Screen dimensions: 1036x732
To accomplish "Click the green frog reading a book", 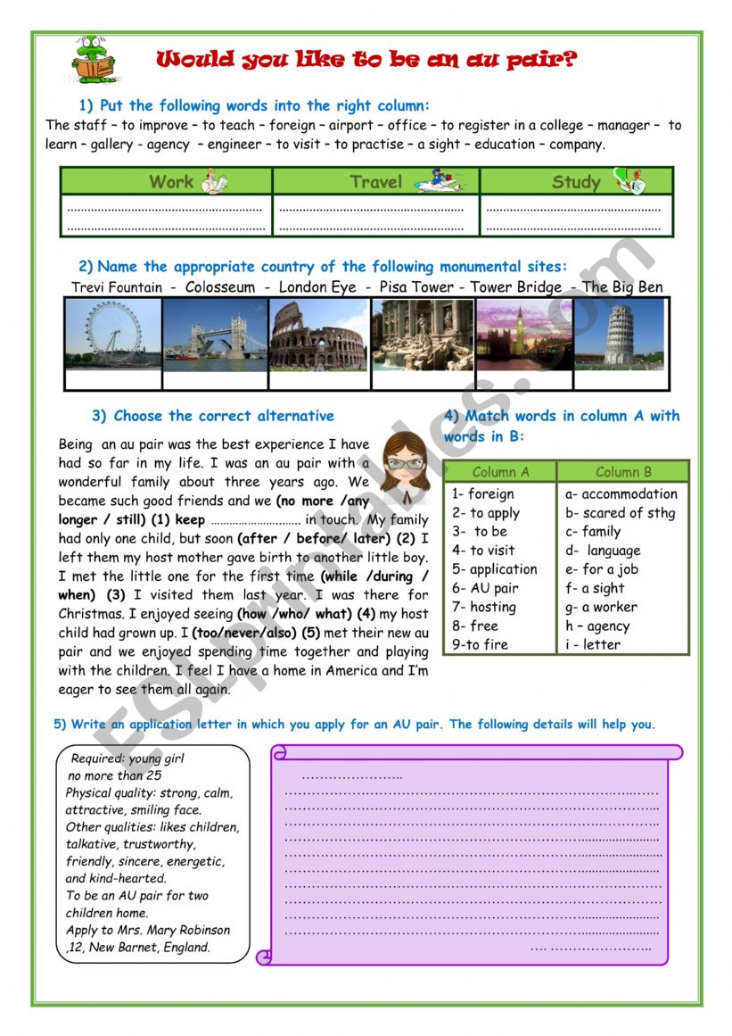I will [x=93, y=60].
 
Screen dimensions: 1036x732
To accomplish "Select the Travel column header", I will [x=375, y=182].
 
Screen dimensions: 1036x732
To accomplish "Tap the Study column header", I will [x=576, y=182].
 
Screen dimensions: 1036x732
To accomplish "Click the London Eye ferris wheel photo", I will [x=113, y=334].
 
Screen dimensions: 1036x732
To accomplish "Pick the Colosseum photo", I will [x=318, y=334].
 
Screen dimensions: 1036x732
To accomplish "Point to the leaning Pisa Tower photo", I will [x=621, y=334].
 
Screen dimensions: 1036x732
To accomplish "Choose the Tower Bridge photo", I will [x=215, y=334].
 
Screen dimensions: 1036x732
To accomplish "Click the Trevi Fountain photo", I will [x=422, y=334].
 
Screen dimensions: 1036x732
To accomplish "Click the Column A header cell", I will [x=500, y=472].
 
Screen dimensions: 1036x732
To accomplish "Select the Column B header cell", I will [x=623, y=472].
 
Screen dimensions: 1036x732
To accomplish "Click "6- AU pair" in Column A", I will [x=485, y=588].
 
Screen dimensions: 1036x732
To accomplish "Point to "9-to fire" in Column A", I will [x=482, y=644].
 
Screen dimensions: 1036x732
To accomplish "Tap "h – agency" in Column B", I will [x=597, y=626].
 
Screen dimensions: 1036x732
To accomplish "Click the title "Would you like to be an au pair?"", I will [x=366, y=60].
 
